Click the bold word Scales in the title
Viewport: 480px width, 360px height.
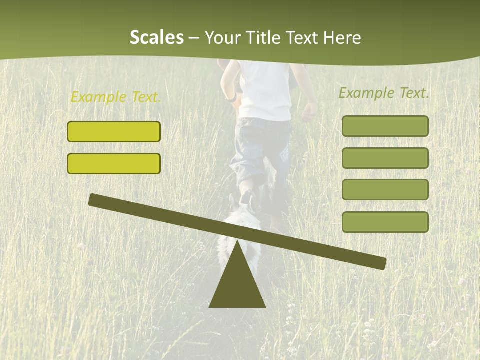click(156, 37)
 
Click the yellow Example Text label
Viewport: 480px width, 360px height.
click(116, 97)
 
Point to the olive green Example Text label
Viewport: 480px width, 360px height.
click(384, 93)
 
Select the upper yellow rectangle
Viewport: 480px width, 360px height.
click(114, 131)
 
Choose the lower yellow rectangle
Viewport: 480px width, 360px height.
click(114, 163)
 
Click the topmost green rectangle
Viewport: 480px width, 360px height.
click(385, 126)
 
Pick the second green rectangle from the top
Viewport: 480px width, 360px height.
click(385, 158)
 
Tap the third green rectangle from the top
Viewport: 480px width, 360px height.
click(385, 190)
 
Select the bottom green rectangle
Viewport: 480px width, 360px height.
click(385, 222)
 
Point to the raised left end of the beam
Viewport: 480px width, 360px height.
click(95, 200)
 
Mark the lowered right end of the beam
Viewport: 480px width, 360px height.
click(380, 263)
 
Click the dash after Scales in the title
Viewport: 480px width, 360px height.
click(194, 38)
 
